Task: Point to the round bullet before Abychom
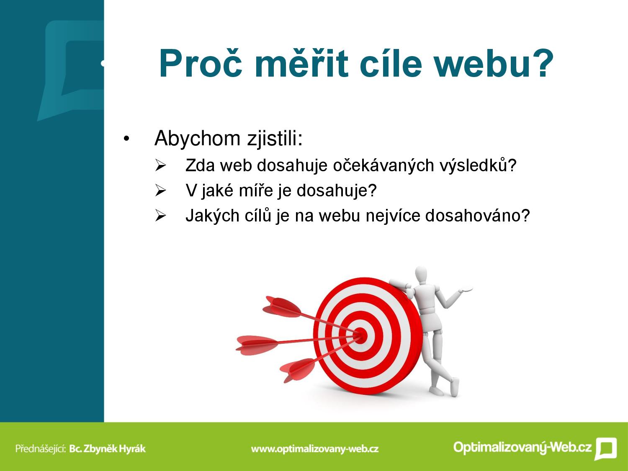click(x=126, y=139)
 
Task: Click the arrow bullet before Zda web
click(x=160, y=165)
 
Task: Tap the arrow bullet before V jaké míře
click(x=160, y=190)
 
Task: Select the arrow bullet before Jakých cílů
click(x=160, y=215)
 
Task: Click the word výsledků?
click(x=478, y=166)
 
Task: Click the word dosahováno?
click(x=478, y=215)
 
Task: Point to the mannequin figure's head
click(x=421, y=275)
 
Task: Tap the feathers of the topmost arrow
click(x=281, y=307)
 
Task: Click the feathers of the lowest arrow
click(x=298, y=370)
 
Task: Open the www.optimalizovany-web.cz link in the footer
click(x=315, y=449)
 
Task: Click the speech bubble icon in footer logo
click(x=606, y=448)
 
